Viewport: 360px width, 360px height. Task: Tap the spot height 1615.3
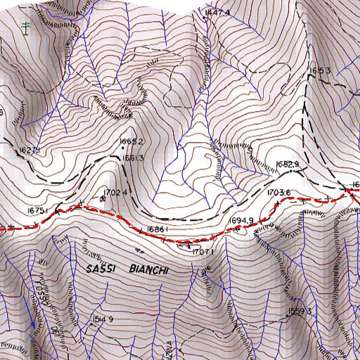(x=320, y=71)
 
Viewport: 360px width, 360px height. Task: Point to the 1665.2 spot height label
(x=131, y=141)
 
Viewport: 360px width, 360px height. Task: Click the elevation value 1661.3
(x=132, y=158)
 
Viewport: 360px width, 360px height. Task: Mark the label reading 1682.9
(x=288, y=164)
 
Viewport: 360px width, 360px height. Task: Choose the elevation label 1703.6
(x=278, y=193)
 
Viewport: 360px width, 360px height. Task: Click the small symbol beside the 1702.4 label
(x=103, y=198)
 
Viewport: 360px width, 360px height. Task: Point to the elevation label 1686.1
(x=157, y=230)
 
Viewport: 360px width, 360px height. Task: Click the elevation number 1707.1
(x=202, y=251)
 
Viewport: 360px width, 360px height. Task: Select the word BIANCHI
(x=150, y=269)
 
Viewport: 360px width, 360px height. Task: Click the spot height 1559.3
(x=299, y=310)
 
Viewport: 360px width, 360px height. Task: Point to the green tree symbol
(x=26, y=28)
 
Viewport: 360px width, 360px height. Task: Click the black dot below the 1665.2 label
(x=128, y=150)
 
